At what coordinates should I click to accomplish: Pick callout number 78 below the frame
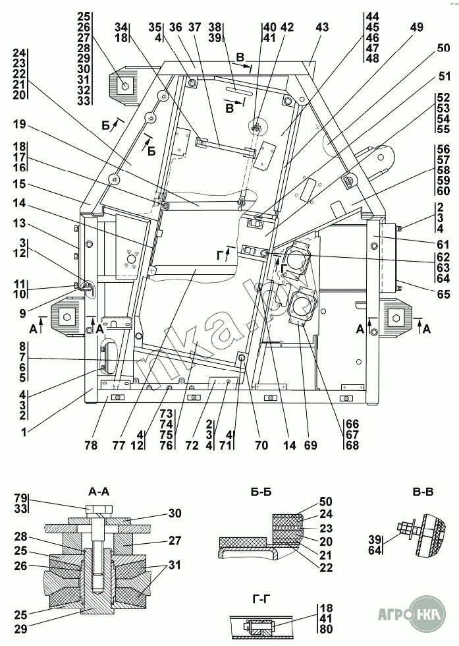coord(90,446)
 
